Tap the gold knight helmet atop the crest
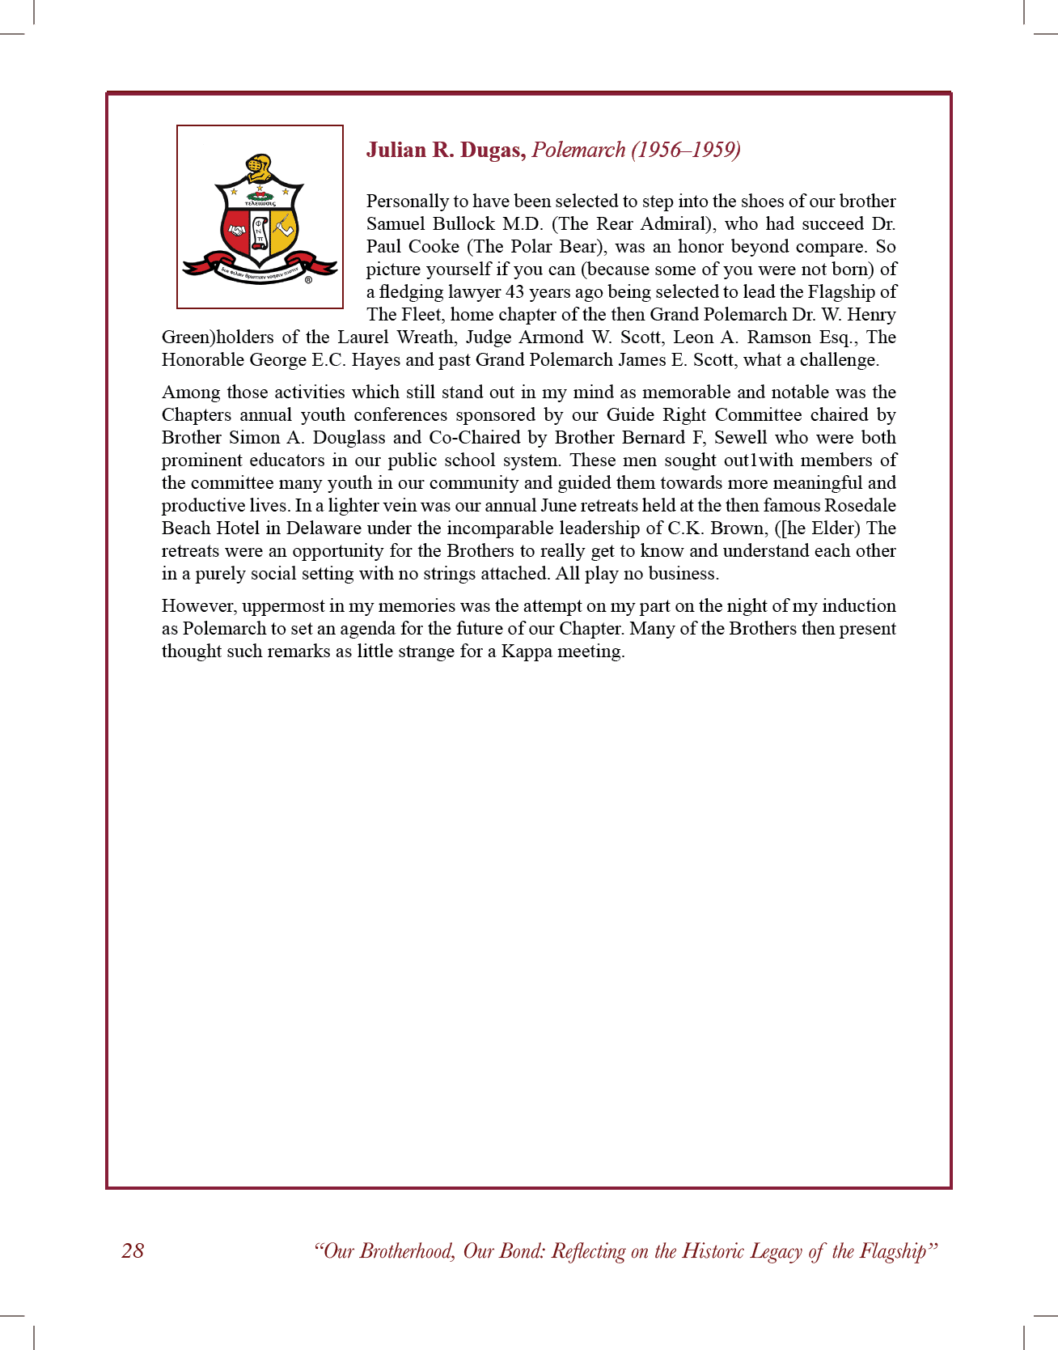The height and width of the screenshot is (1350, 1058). point(259,168)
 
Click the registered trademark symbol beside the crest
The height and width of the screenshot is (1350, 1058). point(308,281)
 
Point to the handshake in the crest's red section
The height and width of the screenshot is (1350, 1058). point(237,231)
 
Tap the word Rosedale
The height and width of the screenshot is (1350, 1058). point(860,506)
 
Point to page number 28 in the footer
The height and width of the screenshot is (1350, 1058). point(133,1251)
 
